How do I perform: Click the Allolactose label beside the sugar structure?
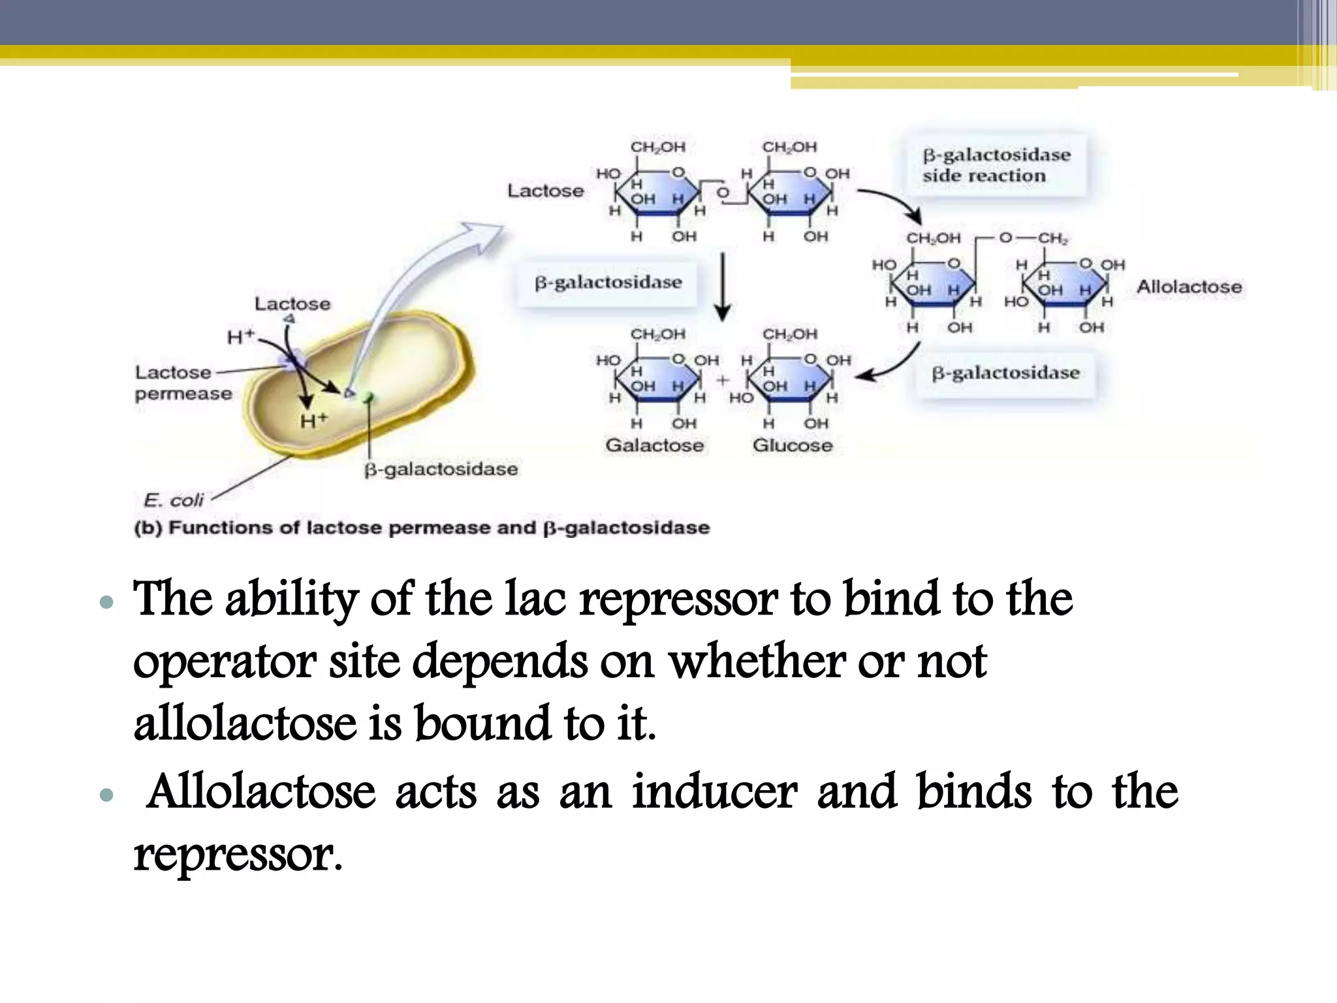[x=1189, y=287]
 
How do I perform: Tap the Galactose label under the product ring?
[x=654, y=445]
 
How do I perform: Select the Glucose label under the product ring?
[x=793, y=445]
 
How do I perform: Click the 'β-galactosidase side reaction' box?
[x=996, y=165]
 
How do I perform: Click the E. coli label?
[x=173, y=500]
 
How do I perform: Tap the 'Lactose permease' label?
[x=183, y=383]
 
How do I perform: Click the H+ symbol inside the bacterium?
[x=313, y=421]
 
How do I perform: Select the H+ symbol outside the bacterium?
[x=240, y=337]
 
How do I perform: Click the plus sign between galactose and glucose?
[x=722, y=380]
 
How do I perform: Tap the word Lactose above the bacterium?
[x=292, y=304]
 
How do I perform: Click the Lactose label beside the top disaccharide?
[x=545, y=191]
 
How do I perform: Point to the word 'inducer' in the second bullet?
[x=714, y=791]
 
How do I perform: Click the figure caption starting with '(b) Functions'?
[x=422, y=528]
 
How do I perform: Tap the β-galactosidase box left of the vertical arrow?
[x=608, y=283]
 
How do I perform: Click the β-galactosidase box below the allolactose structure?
[x=1005, y=374]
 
